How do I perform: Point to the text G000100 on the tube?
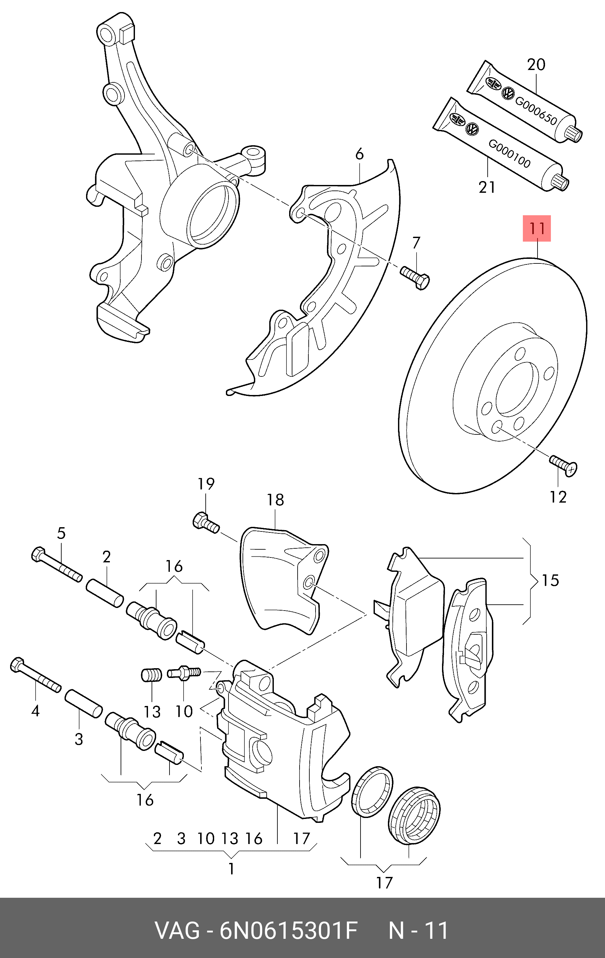(509, 154)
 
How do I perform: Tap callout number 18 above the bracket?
(275, 500)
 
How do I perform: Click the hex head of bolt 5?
(38, 554)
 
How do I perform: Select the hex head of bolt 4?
(18, 665)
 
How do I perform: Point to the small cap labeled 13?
(151, 675)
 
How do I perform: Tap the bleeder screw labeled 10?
(184, 673)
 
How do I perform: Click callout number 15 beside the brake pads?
(550, 581)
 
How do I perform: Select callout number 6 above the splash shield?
(359, 154)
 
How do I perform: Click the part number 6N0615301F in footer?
(288, 931)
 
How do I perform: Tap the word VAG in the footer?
(177, 931)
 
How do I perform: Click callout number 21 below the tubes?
(487, 187)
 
